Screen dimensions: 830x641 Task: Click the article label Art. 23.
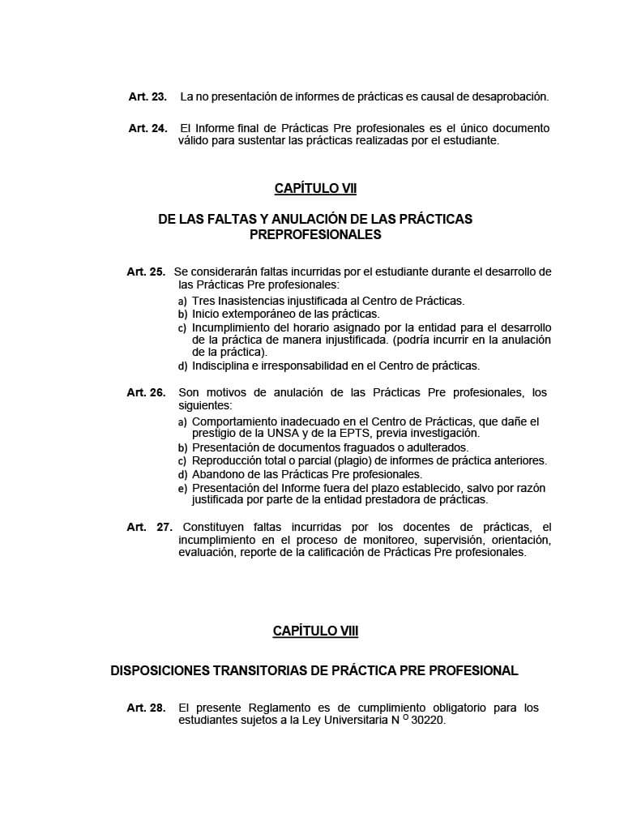(x=147, y=96)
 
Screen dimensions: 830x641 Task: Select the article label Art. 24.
(x=147, y=128)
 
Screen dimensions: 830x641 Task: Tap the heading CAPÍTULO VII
(x=315, y=188)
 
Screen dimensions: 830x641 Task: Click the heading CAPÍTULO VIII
(x=315, y=631)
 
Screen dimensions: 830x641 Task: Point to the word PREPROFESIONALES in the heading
(x=315, y=235)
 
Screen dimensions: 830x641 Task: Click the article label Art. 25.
(x=146, y=272)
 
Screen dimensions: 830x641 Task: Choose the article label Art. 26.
(x=146, y=392)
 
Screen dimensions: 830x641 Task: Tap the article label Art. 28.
(x=146, y=708)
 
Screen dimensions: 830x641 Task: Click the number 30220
(x=429, y=720)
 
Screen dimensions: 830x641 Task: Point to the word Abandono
(x=216, y=473)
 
